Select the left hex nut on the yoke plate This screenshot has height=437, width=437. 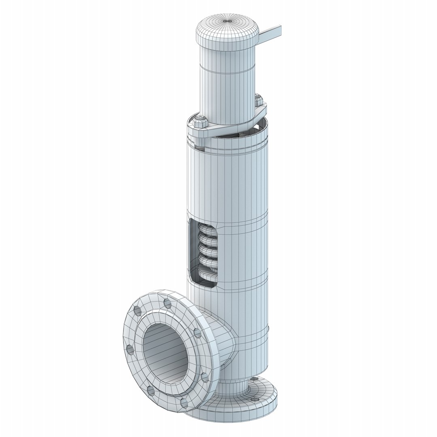[200, 122]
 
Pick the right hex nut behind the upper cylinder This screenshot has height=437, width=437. [259, 100]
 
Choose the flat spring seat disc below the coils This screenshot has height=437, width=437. [206, 276]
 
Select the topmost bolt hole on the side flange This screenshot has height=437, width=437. [166, 303]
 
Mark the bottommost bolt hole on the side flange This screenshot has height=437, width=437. [184, 403]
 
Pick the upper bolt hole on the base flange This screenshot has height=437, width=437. [254, 380]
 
